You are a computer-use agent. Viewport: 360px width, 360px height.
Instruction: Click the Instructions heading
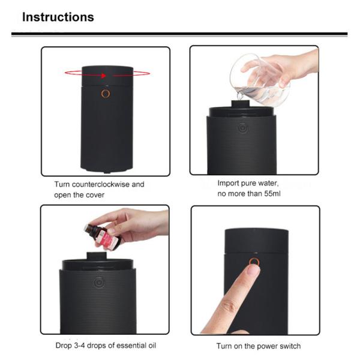[x=58, y=17]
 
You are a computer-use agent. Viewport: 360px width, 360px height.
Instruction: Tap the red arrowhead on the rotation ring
[x=104, y=76]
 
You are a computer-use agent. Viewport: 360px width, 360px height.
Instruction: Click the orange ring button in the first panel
[x=106, y=94]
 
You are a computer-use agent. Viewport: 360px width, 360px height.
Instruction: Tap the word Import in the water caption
[x=232, y=184]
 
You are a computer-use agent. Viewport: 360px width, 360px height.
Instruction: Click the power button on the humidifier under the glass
[x=241, y=127]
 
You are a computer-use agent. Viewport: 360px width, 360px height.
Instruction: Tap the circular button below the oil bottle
[x=97, y=280]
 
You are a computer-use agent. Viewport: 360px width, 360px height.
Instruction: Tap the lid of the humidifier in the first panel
[x=107, y=75]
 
